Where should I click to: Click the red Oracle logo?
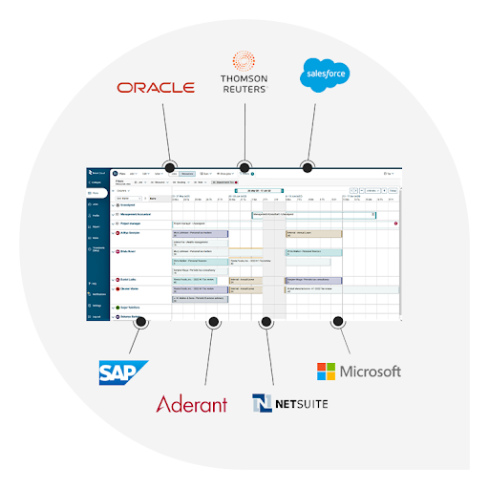(156, 87)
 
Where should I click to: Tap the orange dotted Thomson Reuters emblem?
(244, 56)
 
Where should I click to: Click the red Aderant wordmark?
(191, 404)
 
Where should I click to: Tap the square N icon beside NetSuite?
(263, 403)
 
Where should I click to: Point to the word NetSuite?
(301, 404)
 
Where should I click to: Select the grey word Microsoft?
(371, 372)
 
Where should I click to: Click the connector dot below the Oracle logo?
(170, 167)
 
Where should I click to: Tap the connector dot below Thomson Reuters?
(244, 166)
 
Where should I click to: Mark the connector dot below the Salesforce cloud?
(308, 166)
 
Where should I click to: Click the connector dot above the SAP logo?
(140, 323)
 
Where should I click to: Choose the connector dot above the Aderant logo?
(213, 323)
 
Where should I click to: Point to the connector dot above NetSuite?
(267, 323)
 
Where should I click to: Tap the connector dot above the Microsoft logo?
(336, 323)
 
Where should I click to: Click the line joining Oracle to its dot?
(166, 134)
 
